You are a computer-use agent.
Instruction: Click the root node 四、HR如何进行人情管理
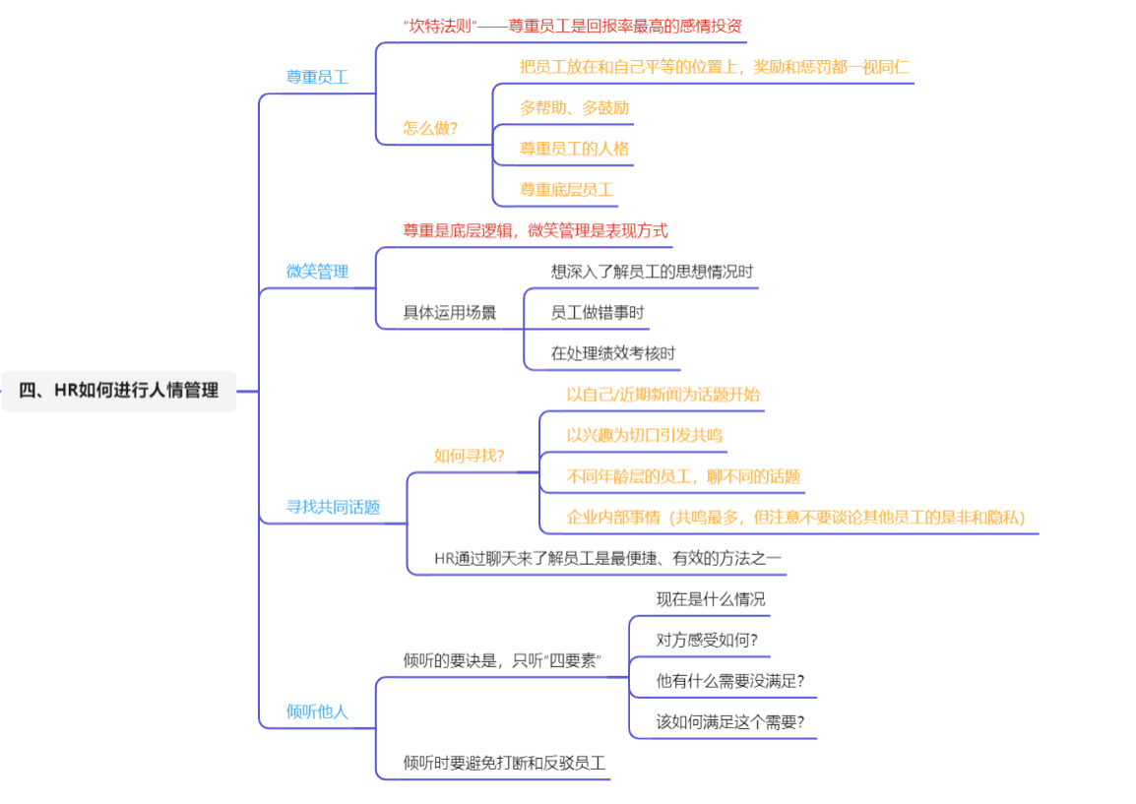pyautogui.click(x=119, y=391)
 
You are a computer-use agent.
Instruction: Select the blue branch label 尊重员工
pyautogui.click(x=317, y=77)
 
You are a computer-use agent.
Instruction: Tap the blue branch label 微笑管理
pyautogui.click(x=317, y=272)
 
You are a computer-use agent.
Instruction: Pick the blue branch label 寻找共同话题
pyautogui.click(x=333, y=507)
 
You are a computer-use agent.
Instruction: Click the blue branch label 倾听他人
pyautogui.click(x=317, y=712)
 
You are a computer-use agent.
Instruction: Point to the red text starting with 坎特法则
pyautogui.click(x=572, y=26)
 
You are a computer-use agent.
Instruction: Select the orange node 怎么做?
pyautogui.click(x=430, y=128)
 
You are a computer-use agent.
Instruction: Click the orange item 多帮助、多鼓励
pyautogui.click(x=574, y=108)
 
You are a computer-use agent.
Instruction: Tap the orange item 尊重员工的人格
pyautogui.click(x=574, y=149)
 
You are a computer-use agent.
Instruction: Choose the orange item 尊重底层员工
pyautogui.click(x=567, y=190)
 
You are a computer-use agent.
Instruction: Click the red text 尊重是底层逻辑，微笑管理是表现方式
pyautogui.click(x=536, y=231)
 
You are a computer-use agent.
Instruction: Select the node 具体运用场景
pyautogui.click(x=449, y=313)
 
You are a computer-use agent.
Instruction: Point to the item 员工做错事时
pyautogui.click(x=597, y=313)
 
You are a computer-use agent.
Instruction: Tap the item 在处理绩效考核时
pyautogui.click(x=613, y=353)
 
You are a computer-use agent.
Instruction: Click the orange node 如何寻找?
pyautogui.click(x=469, y=456)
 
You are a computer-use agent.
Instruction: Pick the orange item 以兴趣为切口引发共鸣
pyautogui.click(x=644, y=435)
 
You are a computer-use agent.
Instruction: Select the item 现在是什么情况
pyautogui.click(x=711, y=599)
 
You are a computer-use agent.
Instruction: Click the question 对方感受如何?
pyautogui.click(x=707, y=641)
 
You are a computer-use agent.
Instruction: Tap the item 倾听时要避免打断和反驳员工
pyautogui.click(x=504, y=763)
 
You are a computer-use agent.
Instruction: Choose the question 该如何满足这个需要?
pyautogui.click(x=730, y=722)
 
